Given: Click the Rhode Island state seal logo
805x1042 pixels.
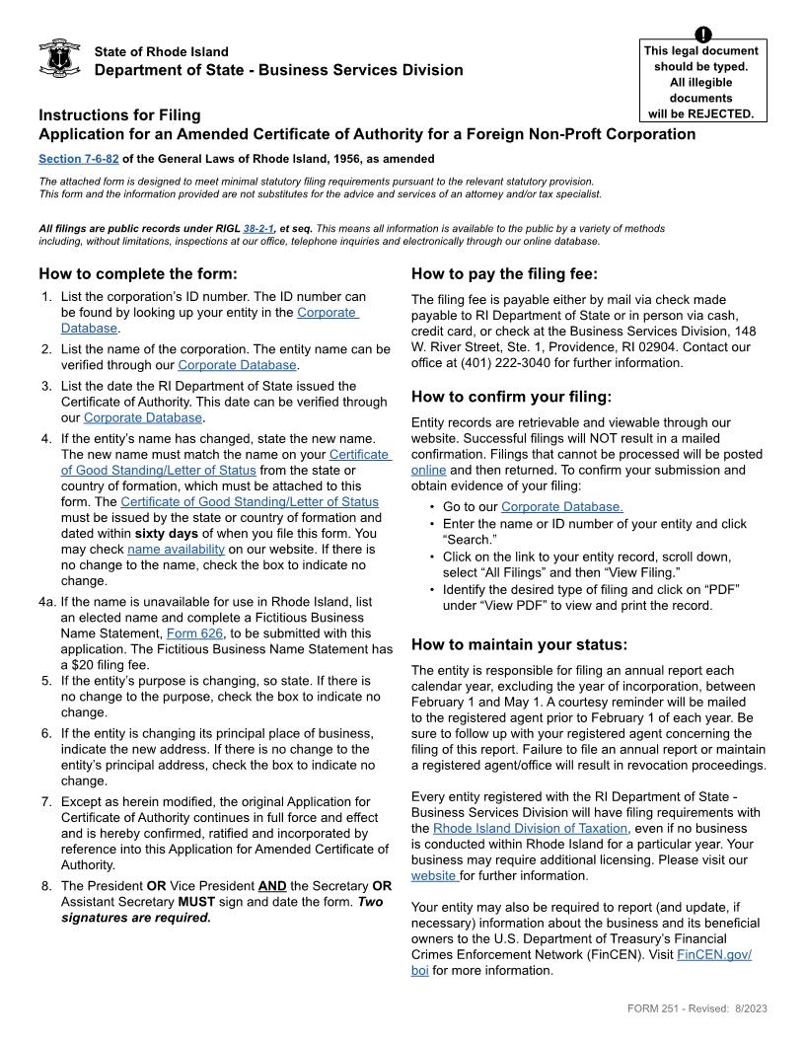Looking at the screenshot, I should (x=59, y=58).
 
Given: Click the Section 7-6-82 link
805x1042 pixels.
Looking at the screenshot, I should (x=78, y=159).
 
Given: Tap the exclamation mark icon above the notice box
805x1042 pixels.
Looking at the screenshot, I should (x=703, y=36).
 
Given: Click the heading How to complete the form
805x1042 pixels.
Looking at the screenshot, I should (x=138, y=273).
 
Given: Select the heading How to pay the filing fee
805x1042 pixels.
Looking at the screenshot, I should (x=504, y=273).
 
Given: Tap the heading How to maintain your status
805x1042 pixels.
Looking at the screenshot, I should (x=519, y=644).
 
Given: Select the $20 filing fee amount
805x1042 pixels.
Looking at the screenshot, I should (x=84, y=665).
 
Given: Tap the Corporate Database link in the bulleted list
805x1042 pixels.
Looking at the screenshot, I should (x=561, y=507).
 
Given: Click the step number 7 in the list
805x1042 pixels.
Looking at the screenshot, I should (x=46, y=801).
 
